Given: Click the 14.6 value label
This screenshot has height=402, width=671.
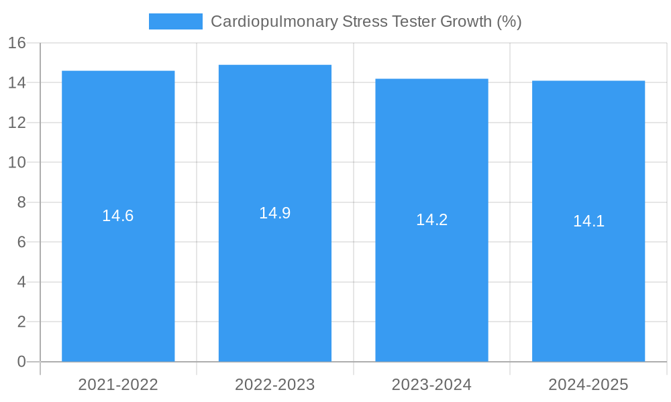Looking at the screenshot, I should click(118, 216).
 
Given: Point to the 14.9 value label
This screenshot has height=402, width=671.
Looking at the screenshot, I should click(275, 213).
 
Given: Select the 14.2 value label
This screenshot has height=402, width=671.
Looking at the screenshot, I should click(431, 220).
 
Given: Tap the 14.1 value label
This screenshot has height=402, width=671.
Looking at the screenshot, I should click(588, 221).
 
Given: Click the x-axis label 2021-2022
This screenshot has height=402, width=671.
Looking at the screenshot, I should click(118, 385).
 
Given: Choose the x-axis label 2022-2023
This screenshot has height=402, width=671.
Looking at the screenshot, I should click(275, 385).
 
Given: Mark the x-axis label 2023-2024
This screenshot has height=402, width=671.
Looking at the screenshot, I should click(431, 385).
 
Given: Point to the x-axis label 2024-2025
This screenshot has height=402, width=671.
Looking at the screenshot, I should click(588, 385).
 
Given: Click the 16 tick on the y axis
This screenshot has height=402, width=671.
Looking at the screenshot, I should click(17, 43).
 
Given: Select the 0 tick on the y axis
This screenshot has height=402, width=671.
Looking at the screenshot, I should click(21, 362).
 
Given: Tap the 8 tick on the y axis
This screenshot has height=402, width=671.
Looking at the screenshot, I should click(21, 202).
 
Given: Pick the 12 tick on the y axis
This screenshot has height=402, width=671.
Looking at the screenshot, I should click(17, 123).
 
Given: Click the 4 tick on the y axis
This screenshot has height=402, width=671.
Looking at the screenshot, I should click(21, 282).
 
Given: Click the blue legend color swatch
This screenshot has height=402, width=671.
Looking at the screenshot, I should click(175, 21).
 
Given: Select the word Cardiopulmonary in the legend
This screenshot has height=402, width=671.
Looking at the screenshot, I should click(274, 21).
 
